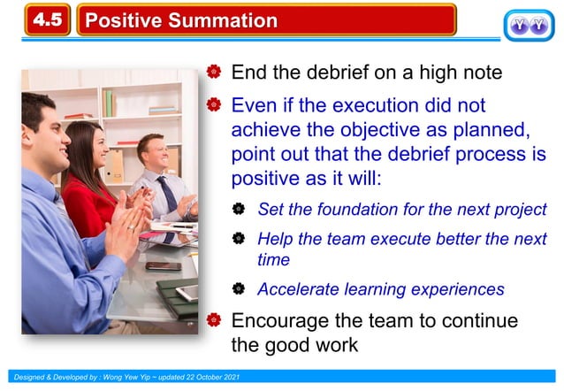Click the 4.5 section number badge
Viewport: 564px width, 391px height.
(48, 19)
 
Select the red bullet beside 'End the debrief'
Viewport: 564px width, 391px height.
(213, 73)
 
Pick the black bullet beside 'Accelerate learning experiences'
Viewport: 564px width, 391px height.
(239, 289)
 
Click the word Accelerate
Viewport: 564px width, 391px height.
(298, 289)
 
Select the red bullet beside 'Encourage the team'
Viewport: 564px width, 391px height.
(213, 319)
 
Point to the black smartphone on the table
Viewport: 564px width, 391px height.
(164, 264)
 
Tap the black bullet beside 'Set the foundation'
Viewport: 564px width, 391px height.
(239, 211)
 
